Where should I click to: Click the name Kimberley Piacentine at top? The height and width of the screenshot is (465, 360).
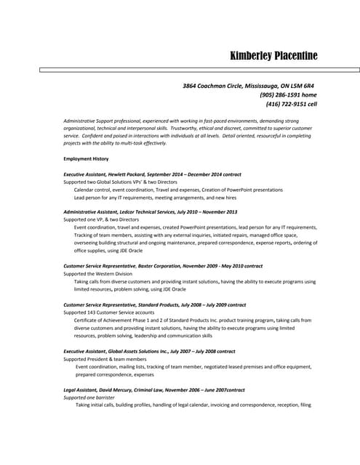pyautogui.click(x=273, y=56)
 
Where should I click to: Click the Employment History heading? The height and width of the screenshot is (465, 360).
pyautogui.click(x=86, y=158)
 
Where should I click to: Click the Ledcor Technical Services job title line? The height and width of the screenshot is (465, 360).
pyautogui.click(x=150, y=211)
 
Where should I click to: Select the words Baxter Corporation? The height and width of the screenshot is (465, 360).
pyautogui.click(x=167, y=266)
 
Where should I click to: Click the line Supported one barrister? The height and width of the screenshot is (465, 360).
pyautogui.click(x=89, y=397)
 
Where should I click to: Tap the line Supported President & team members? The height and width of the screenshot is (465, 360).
pyautogui.click(x=105, y=359)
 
